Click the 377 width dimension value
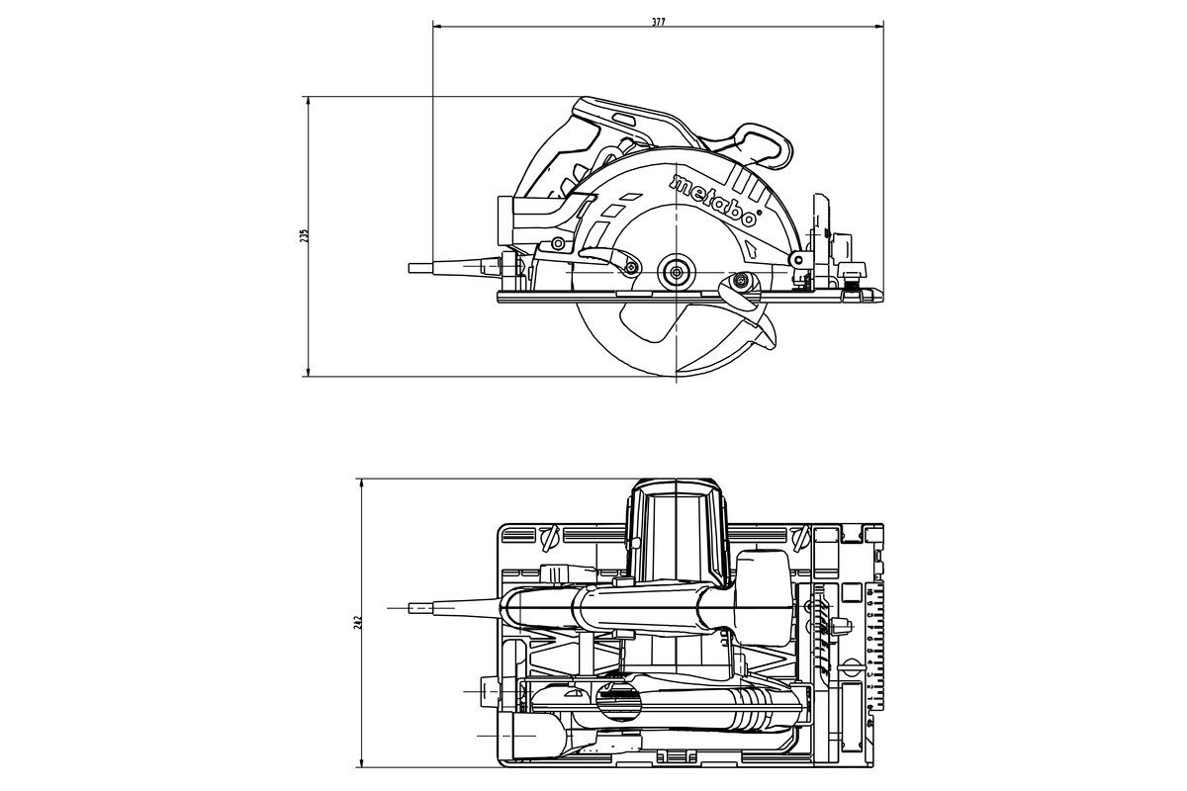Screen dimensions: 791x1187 coord(659,21)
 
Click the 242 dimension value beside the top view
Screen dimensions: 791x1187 coord(359,622)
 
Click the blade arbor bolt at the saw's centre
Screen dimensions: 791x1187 coord(676,269)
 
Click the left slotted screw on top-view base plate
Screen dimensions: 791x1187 coord(550,539)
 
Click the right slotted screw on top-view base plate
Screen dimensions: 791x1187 coord(799,539)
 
